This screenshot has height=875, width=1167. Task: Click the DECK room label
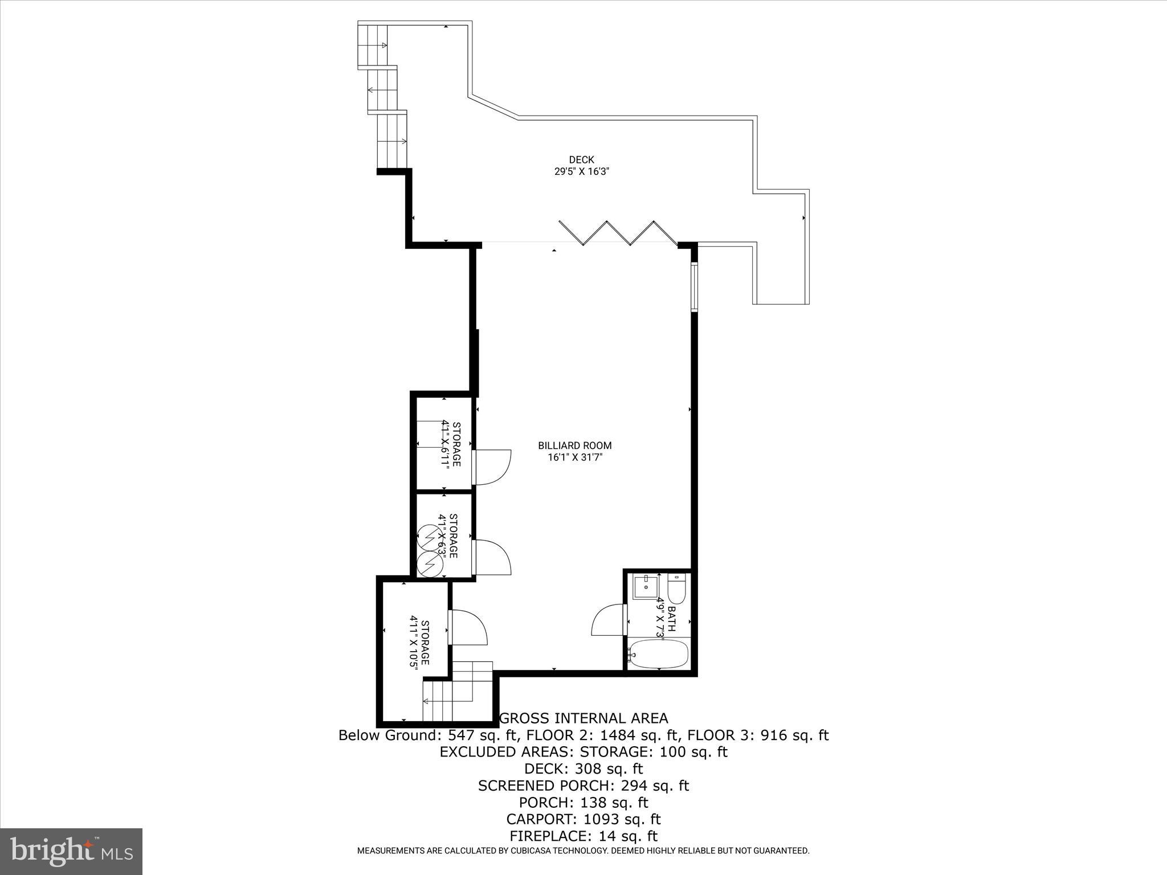click(x=581, y=160)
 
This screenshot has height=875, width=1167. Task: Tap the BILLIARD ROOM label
click(x=574, y=445)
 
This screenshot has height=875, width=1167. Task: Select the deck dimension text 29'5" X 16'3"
click(x=582, y=171)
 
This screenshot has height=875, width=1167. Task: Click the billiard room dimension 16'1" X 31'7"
click(x=574, y=457)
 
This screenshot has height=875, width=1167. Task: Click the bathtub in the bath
click(x=658, y=655)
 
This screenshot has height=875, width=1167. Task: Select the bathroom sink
click(x=646, y=587)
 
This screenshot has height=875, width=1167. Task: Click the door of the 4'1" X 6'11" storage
click(x=492, y=467)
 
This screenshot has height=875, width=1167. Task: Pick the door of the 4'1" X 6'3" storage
click(x=492, y=557)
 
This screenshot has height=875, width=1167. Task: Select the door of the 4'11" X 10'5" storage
click(x=468, y=627)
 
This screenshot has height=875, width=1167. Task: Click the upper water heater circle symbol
click(x=428, y=537)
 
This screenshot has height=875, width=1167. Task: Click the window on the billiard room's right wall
click(x=694, y=286)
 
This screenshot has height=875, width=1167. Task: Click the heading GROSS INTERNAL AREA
click(x=583, y=718)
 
